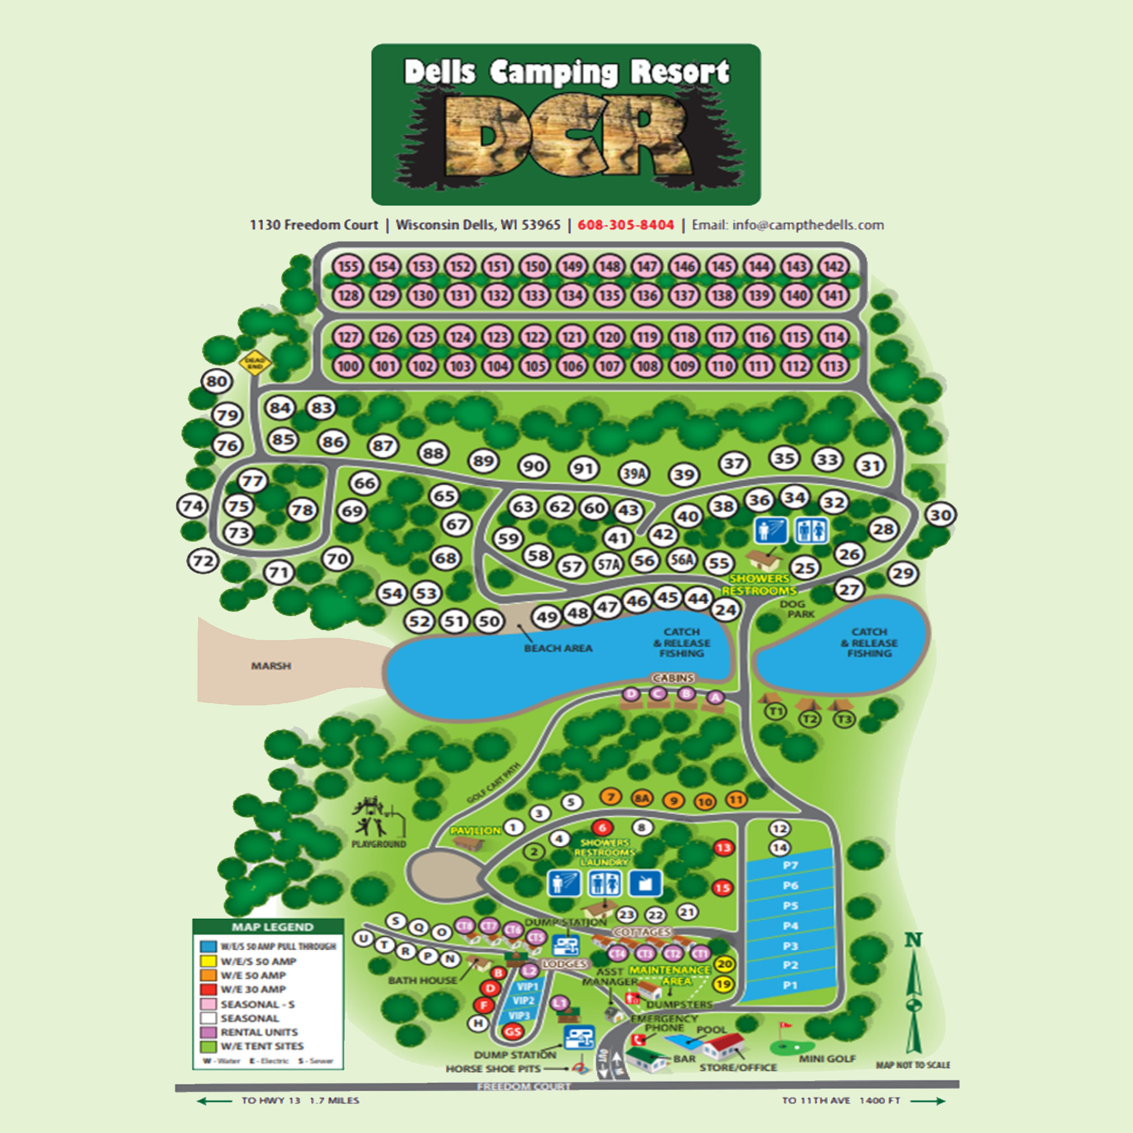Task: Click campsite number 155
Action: click(348, 267)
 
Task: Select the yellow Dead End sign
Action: click(255, 363)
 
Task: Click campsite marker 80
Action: click(216, 382)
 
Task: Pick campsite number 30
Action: click(940, 516)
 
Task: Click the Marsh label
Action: click(271, 666)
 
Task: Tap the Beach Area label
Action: click(558, 648)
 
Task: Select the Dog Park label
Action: click(797, 609)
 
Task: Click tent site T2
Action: click(810, 719)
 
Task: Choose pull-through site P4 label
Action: click(791, 926)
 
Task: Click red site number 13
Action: click(724, 848)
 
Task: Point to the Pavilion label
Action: click(475, 830)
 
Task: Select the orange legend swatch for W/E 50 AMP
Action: click(208, 975)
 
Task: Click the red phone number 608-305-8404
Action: click(626, 225)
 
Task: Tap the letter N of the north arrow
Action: click(913, 940)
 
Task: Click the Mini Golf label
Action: click(827, 1058)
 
